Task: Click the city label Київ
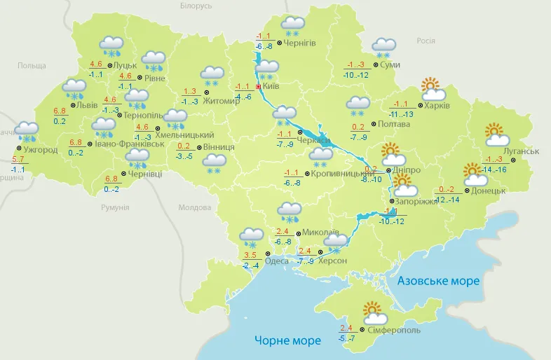pyautogui.click(x=271, y=87)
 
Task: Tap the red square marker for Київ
pyautogui.click(x=258, y=87)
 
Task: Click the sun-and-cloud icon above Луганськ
pyautogui.click(x=496, y=133)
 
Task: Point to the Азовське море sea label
pyautogui.click(x=438, y=281)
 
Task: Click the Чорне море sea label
pyautogui.click(x=287, y=340)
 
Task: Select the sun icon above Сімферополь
pyautogui.click(x=372, y=310)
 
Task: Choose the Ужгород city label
pyautogui.click(x=41, y=150)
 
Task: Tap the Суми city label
pyautogui.click(x=390, y=64)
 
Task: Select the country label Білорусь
pyautogui.click(x=196, y=6)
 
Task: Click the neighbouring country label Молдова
pyautogui.click(x=194, y=208)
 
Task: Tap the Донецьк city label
pyautogui.click(x=488, y=190)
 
